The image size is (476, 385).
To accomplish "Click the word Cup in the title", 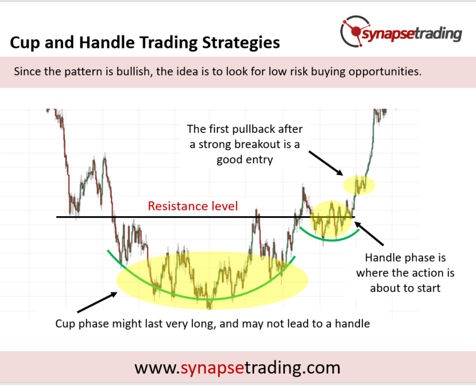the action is tap(25, 43).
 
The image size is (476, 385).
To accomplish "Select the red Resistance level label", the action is tap(193, 206).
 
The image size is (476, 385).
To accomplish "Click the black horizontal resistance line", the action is tap(206, 217).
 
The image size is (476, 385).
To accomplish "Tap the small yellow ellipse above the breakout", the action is tap(359, 185).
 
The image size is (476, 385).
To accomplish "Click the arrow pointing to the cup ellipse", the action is tap(97, 302).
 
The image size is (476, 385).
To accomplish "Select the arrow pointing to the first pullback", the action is tap(326, 163).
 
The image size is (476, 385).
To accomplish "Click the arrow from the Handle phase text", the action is tap(368, 233).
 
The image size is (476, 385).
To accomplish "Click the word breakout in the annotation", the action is tap(257, 145).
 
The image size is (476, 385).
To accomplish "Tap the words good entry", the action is tap(244, 160).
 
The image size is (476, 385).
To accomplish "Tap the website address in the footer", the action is tap(237, 368).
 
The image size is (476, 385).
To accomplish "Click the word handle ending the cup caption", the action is tap(353, 324).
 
